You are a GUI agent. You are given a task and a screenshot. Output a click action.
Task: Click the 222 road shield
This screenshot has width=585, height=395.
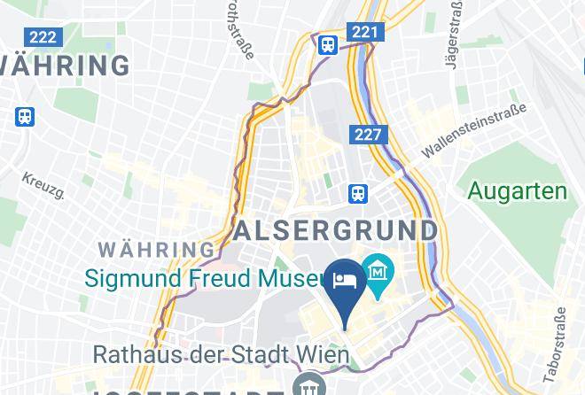pos(43,37)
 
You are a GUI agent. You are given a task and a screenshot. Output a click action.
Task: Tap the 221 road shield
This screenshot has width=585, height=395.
pos(364,33)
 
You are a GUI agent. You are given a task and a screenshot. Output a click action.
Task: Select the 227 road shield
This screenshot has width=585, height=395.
pos(369,135)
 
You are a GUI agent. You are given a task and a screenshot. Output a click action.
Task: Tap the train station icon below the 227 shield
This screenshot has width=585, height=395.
pos(358,191)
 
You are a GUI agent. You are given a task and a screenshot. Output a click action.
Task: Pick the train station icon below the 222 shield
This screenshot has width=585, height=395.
pos(25,115)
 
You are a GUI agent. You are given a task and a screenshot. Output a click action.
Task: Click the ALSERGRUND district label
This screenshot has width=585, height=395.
pos(336,230)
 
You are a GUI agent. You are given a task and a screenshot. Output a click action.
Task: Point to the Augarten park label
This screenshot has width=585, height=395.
pos(517,190)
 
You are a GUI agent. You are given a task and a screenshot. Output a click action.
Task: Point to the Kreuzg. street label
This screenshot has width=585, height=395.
pos(43,185)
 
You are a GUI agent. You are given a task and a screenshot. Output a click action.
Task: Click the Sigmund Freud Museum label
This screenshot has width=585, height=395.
pos(204,278)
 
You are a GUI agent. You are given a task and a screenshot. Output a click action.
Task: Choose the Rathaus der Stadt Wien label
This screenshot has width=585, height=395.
pos(222,355)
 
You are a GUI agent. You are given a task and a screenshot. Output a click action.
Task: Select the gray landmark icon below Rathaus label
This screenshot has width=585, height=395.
pos(310,387)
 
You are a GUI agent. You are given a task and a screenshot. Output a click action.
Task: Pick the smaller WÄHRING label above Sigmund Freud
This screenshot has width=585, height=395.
pos(157,250)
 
